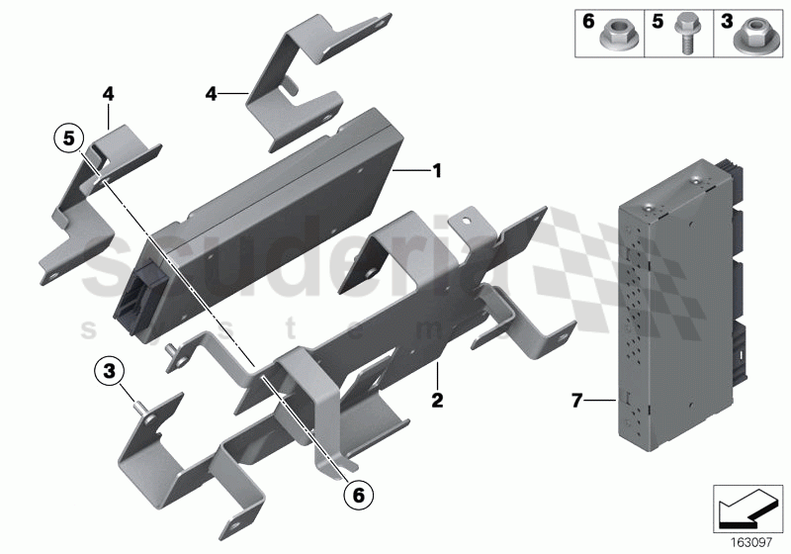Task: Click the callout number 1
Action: coord(435,171)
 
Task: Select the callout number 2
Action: coord(436,402)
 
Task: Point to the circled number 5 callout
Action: coord(68,138)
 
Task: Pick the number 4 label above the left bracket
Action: coord(108,95)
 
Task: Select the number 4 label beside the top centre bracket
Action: coord(211,94)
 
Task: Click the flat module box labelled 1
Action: coord(277,208)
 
